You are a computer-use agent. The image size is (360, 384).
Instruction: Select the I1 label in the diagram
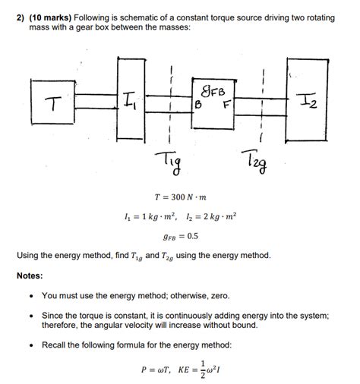click(130, 98)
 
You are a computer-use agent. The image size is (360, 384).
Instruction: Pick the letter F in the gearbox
click(225, 104)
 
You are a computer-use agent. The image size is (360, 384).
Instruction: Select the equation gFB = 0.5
click(180, 236)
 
